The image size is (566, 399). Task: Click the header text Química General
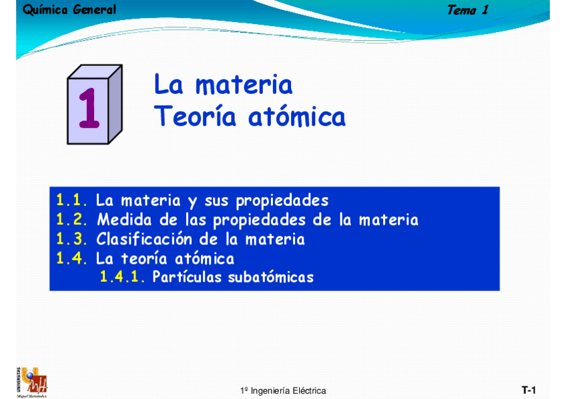click(x=69, y=10)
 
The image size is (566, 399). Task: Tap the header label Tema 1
click(x=467, y=10)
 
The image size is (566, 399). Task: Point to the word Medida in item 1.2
click(x=126, y=220)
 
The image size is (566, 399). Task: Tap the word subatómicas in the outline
click(x=270, y=277)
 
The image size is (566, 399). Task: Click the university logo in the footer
click(x=31, y=382)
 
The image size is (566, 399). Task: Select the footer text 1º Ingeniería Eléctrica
click(x=283, y=390)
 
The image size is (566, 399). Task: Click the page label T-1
click(x=529, y=390)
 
